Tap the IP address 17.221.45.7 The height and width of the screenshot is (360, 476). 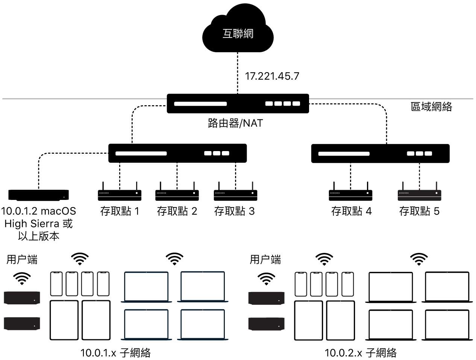click(272, 76)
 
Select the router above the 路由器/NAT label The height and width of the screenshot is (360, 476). click(238, 103)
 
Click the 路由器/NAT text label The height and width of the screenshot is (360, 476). click(235, 123)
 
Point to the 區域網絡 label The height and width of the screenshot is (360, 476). click(431, 107)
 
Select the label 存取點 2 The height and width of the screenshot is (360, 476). click(177, 211)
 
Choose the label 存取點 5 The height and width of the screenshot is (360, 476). click(419, 211)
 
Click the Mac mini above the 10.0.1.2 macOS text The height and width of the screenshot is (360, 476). click(39, 195)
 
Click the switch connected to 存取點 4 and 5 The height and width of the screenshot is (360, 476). click(380, 153)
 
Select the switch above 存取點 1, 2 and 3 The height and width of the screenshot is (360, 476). click(177, 153)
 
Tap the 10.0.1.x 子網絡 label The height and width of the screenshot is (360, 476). click(115, 352)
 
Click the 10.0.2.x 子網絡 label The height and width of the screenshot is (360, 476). click(361, 352)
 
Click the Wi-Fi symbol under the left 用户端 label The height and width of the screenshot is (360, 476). click(22, 278)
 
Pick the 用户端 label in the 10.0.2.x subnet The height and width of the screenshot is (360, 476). click(265, 259)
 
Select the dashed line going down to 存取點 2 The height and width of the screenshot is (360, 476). click(177, 175)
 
